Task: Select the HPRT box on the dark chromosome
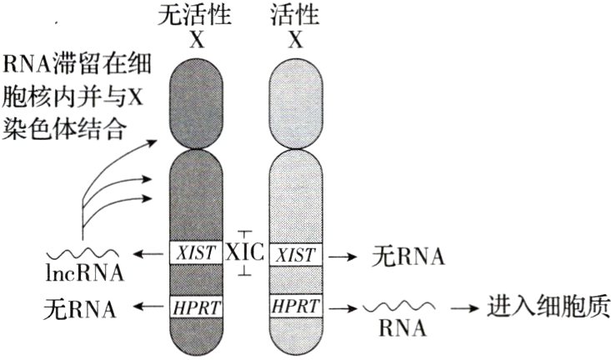point(196,307)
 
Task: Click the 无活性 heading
point(197,15)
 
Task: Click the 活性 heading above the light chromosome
point(294,15)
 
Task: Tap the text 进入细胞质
point(548,307)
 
